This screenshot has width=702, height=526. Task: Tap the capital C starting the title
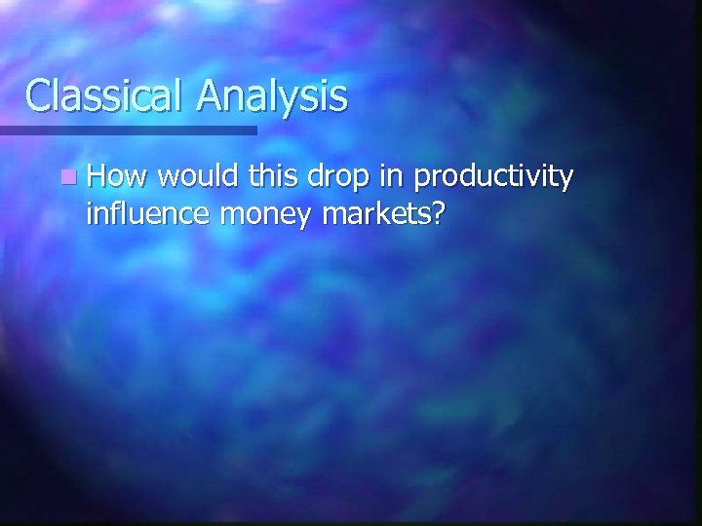click(x=39, y=95)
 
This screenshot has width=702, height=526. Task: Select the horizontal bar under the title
click(x=128, y=129)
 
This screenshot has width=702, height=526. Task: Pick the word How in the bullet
click(x=116, y=178)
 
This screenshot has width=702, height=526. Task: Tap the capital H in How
click(x=96, y=178)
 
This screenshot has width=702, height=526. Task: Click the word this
click(x=272, y=178)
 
